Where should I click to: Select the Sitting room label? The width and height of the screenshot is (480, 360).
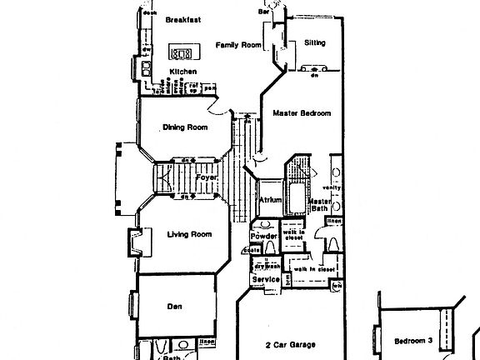[314, 42]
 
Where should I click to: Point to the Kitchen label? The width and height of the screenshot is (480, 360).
[183, 72]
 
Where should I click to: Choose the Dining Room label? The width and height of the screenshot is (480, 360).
[185, 127]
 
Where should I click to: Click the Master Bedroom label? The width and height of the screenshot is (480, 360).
[302, 113]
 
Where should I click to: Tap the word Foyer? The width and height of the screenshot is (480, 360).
[206, 178]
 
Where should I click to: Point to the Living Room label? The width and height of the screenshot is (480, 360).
[189, 235]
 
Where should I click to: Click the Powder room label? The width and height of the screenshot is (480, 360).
[263, 237]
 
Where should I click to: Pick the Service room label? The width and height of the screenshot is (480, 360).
[266, 279]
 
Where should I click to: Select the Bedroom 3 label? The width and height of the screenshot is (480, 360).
[413, 341]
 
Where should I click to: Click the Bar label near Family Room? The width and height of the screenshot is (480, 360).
[264, 12]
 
